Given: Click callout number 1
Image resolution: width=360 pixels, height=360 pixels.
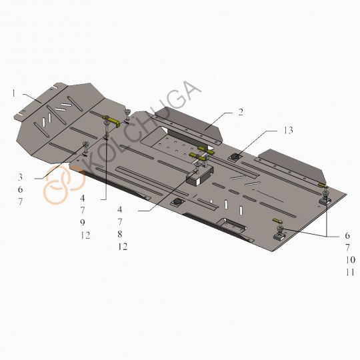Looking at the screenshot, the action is point(14,93).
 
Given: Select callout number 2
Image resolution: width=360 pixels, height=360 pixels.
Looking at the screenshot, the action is point(241,112).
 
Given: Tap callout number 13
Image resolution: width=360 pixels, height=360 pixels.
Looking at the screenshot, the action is point(289,130).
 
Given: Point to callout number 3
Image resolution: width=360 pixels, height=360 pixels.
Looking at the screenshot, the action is point(20,177).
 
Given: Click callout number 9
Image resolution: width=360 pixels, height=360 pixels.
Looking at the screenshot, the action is point(83,222).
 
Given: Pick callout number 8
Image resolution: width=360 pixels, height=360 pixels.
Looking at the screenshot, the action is point(120,234).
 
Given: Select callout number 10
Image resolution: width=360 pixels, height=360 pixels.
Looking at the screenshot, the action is point(351,260).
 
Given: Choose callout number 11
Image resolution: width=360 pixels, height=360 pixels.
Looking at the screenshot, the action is point(351,272).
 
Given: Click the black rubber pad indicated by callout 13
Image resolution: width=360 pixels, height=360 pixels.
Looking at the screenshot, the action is point(235,157).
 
